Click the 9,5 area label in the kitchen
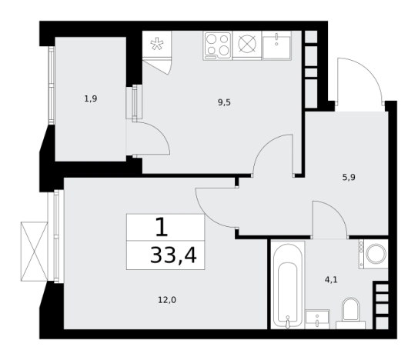(224, 102)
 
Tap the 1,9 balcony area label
(91, 99)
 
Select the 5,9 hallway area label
(349, 177)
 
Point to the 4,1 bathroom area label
(331, 280)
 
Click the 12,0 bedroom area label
(167, 300)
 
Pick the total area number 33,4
(173, 255)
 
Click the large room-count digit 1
(162, 227)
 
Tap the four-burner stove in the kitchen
(218, 45)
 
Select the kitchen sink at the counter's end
(276, 45)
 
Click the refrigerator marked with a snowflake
(157, 44)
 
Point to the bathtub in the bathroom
(287, 285)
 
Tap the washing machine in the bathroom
(373, 254)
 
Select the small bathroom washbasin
(317, 319)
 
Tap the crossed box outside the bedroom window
(34, 252)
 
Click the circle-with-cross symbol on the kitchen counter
(247, 44)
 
